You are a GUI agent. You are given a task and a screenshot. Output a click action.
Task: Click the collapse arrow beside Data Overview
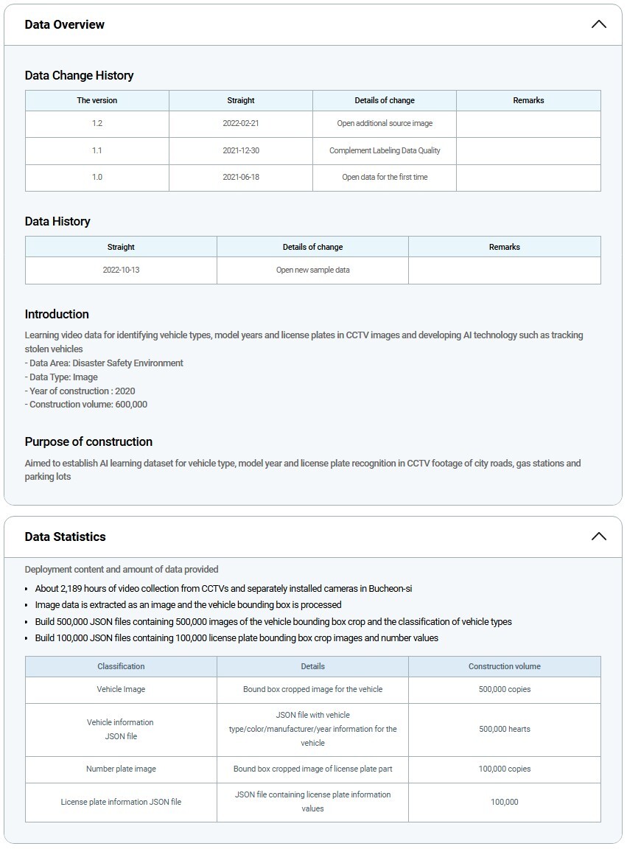click(x=598, y=24)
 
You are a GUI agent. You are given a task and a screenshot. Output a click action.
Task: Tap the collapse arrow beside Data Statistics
click(x=598, y=537)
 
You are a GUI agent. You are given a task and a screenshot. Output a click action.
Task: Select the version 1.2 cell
click(x=97, y=124)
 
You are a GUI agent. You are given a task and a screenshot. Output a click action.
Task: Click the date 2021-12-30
click(x=241, y=150)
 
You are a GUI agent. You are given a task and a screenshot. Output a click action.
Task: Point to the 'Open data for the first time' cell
click(x=385, y=177)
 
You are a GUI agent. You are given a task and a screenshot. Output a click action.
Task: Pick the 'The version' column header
click(x=97, y=100)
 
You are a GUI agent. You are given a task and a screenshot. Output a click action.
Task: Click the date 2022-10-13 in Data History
click(x=121, y=270)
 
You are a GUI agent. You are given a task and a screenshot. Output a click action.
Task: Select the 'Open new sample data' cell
click(x=313, y=270)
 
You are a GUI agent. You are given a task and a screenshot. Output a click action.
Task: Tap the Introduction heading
click(x=57, y=314)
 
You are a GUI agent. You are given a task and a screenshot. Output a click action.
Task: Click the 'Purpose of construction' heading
click(x=88, y=441)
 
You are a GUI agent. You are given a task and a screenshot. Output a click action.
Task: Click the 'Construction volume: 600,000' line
click(x=86, y=405)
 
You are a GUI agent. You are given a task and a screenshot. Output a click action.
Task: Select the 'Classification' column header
click(x=121, y=666)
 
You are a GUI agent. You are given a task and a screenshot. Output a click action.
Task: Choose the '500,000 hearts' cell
click(x=505, y=729)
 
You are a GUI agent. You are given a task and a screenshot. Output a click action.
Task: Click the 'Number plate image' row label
click(x=121, y=769)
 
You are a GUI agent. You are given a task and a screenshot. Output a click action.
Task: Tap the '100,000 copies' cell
click(x=505, y=769)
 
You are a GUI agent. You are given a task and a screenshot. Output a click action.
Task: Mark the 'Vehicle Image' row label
click(x=121, y=689)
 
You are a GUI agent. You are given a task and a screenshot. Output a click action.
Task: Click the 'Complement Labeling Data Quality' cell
click(x=385, y=150)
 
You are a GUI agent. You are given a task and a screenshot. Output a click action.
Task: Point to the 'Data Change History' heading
click(x=79, y=75)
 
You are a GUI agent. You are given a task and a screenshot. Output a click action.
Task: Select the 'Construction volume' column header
click(x=505, y=666)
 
